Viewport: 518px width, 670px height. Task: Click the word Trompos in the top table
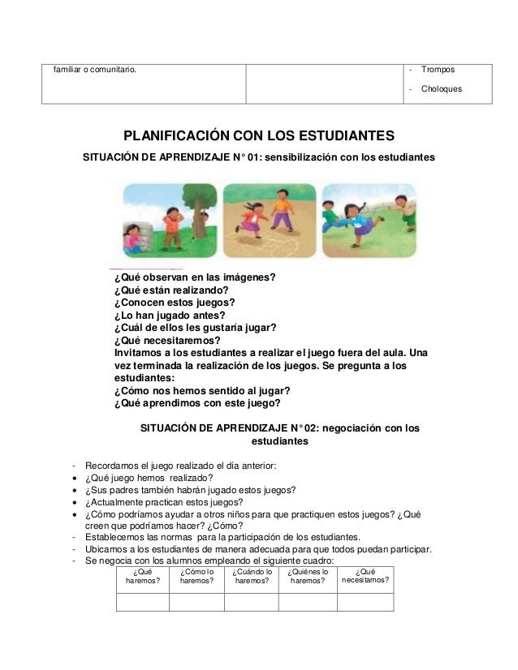(x=438, y=70)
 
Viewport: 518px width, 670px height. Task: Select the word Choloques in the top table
(x=442, y=89)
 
